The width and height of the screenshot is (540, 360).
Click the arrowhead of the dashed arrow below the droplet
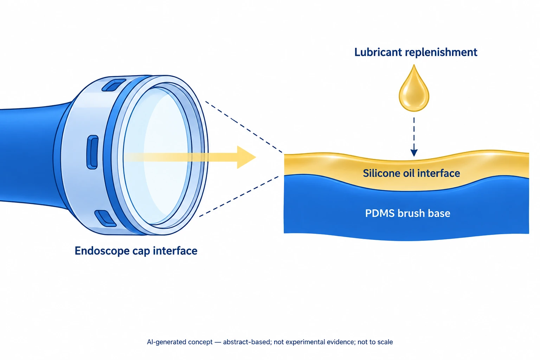coord(414,152)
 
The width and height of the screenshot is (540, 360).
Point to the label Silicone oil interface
coord(412,173)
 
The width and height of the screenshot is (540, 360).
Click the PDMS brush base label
coord(408,213)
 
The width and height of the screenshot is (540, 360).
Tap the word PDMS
coord(379,213)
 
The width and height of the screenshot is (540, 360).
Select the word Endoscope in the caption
coord(102,251)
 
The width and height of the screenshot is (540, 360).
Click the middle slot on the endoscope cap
coord(92,152)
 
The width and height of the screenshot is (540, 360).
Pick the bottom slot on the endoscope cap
coord(105,218)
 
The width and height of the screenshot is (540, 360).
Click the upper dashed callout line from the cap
coord(244,127)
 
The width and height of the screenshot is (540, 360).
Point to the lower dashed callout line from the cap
coord(239,197)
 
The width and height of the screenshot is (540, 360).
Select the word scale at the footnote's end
coord(385,342)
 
